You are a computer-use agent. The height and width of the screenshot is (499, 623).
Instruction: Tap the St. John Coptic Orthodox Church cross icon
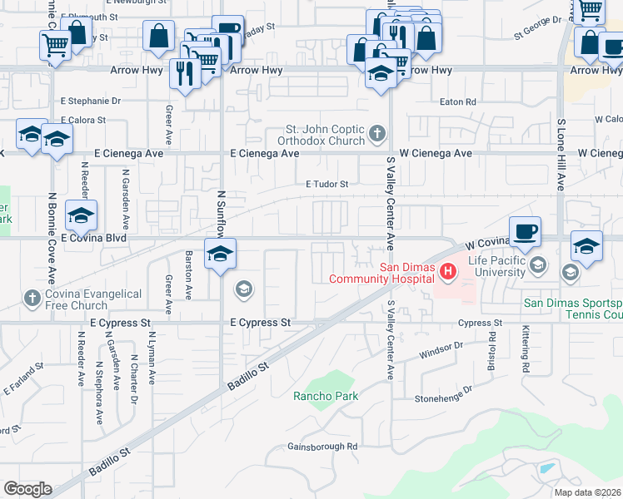(377, 133)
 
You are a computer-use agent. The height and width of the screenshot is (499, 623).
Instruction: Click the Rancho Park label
(326, 396)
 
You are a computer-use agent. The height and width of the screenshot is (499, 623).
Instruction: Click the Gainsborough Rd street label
(322, 447)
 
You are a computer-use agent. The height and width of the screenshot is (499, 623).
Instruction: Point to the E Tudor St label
(326, 184)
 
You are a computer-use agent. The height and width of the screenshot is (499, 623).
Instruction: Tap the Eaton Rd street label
(458, 101)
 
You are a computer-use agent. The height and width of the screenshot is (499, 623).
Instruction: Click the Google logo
(27, 489)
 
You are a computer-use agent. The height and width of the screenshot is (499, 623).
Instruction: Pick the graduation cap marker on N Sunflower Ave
(220, 254)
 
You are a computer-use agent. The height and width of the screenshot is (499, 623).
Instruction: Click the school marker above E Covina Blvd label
(82, 216)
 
